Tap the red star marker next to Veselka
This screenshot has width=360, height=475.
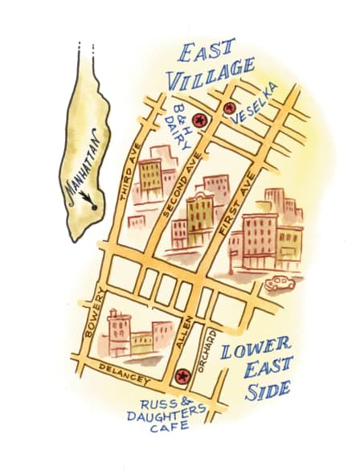click(x=230, y=107)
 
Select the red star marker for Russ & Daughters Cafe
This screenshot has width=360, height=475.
click(x=181, y=375)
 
